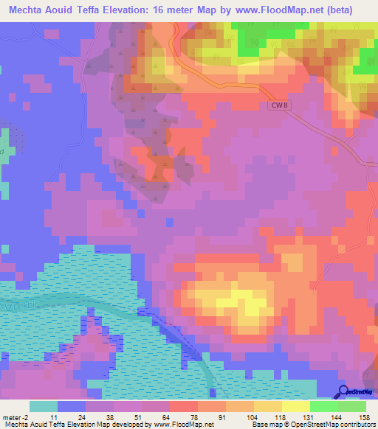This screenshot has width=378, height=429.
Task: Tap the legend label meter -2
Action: [x=14, y=416]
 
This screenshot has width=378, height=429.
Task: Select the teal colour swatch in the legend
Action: [x=44, y=406]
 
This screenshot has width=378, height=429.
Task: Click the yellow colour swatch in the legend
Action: [x=296, y=406]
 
